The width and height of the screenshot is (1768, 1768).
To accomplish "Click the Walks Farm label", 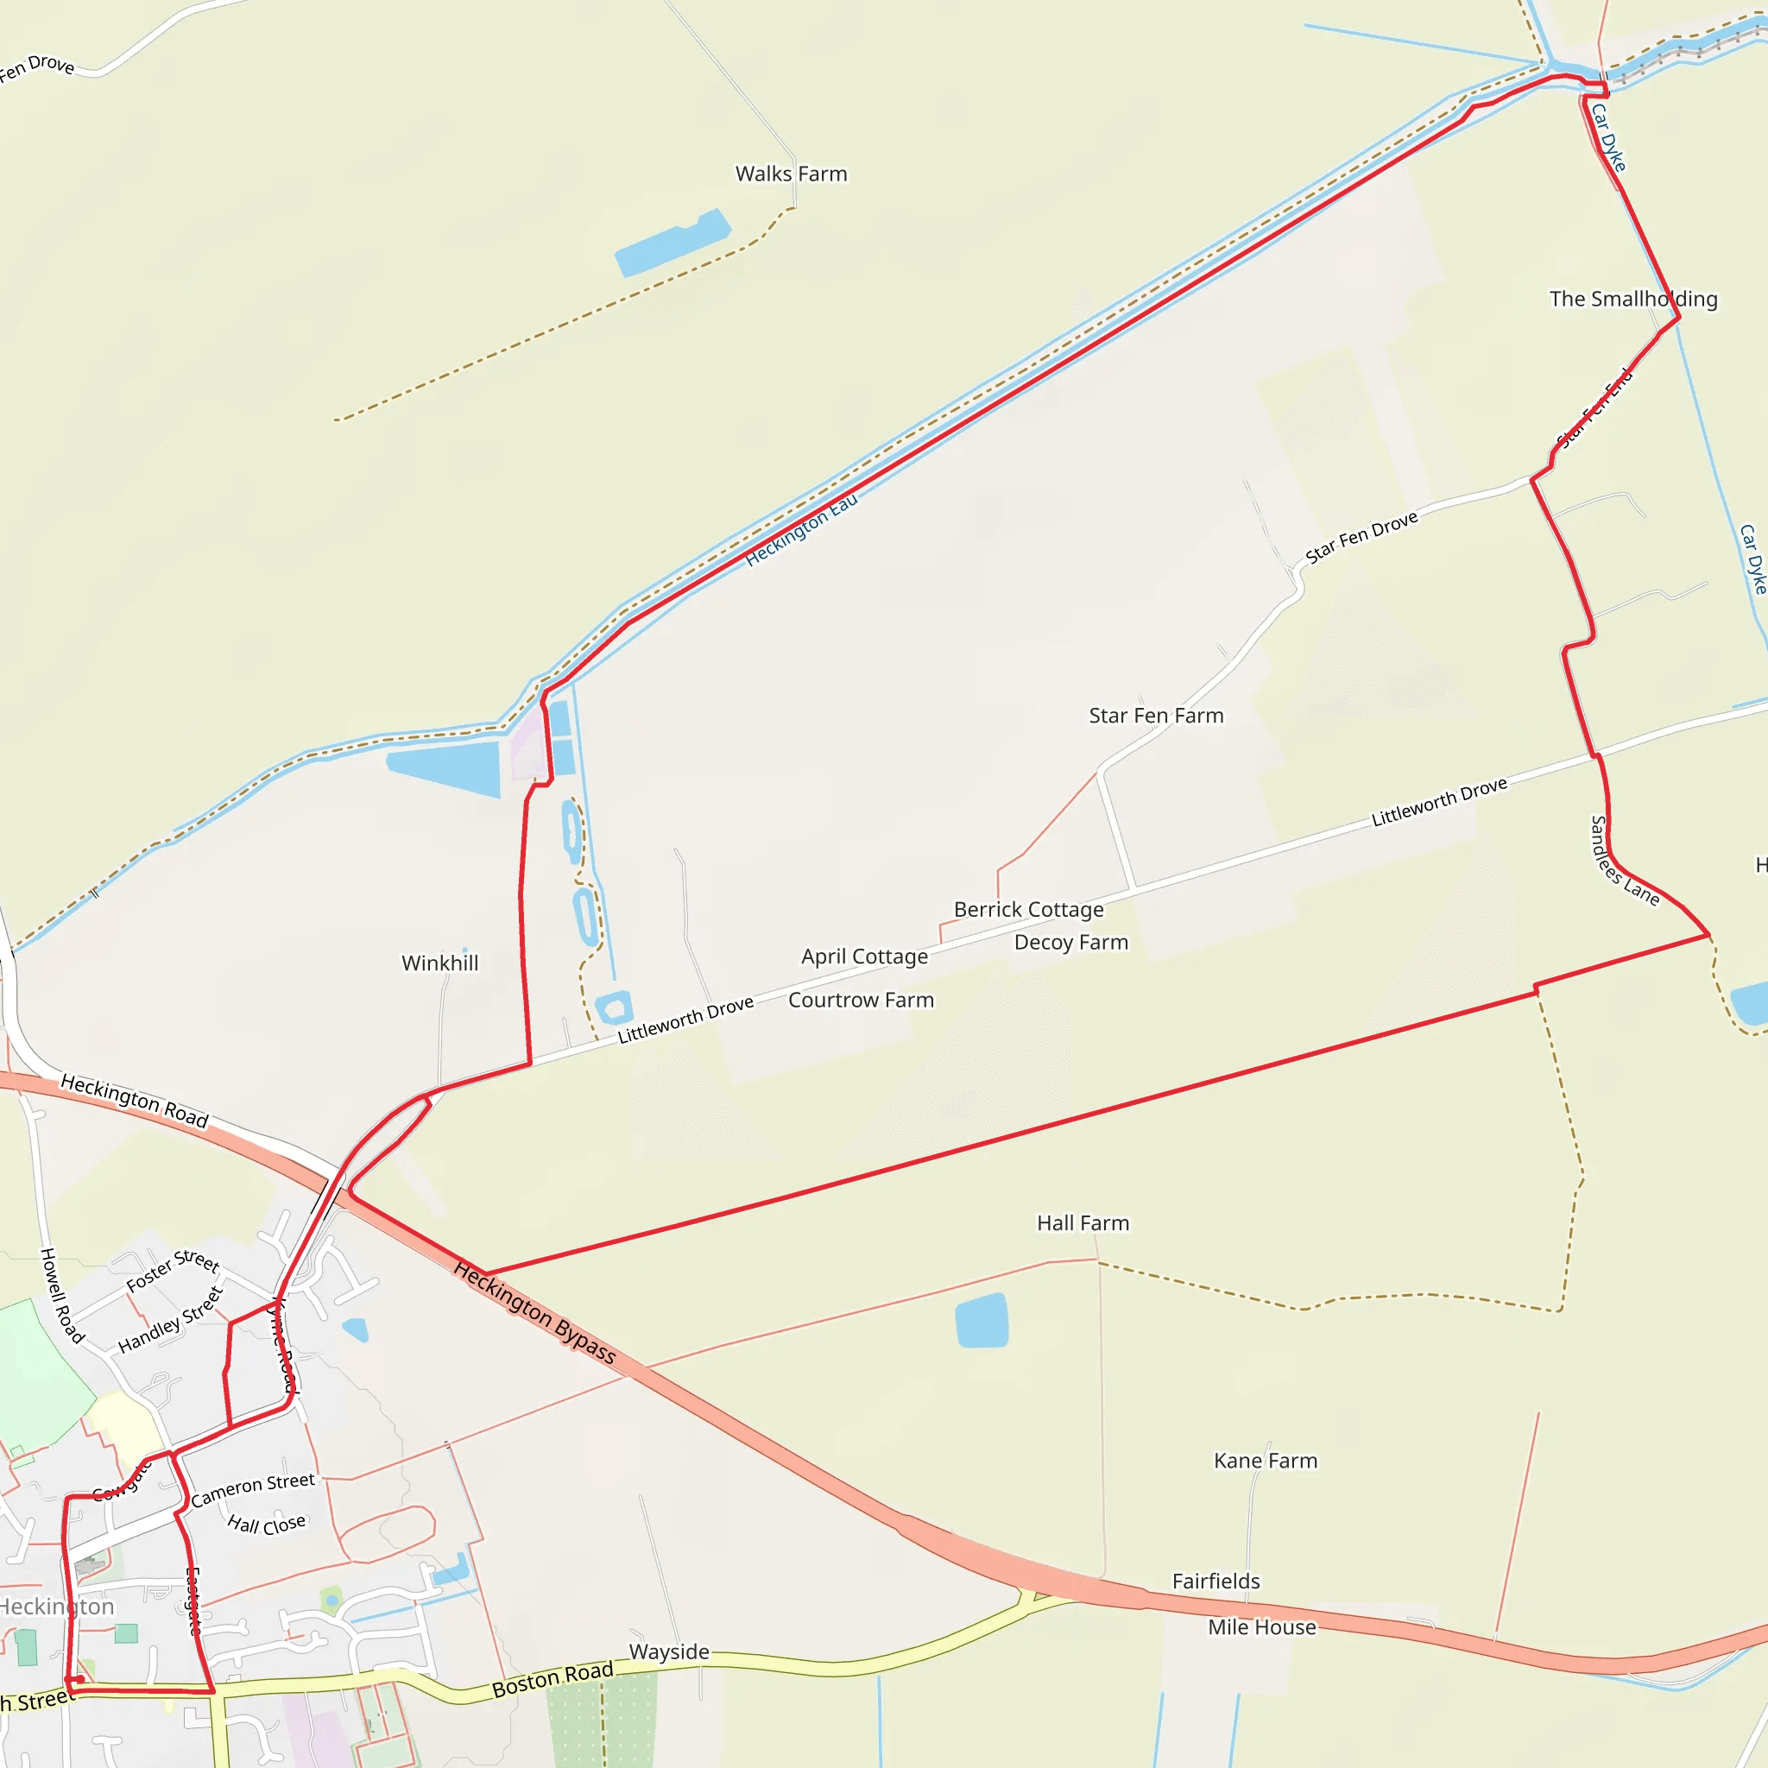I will (x=791, y=174).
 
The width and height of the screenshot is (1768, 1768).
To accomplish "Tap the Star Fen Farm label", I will (x=1156, y=716).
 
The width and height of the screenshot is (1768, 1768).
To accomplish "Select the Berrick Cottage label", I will (x=1028, y=910).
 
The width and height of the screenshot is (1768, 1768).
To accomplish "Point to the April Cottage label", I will (x=864, y=957).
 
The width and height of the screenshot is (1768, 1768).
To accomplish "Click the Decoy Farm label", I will (x=1070, y=943).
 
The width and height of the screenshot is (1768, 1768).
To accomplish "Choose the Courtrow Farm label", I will (x=861, y=1001).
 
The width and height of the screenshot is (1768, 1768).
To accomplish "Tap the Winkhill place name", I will (x=440, y=963).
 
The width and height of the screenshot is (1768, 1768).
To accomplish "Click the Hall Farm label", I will (x=1083, y=1223).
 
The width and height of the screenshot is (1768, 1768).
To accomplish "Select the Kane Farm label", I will (x=1266, y=1461).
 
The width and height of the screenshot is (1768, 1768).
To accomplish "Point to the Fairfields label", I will (x=1216, y=1582).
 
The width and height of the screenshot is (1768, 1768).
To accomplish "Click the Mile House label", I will (x=1262, y=1627).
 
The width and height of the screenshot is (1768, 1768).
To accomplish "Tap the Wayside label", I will (x=669, y=1651).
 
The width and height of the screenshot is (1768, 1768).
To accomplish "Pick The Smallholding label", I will (x=1633, y=300).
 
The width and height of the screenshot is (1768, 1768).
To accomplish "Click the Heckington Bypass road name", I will (x=534, y=1313).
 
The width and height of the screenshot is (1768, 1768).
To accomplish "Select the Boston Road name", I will (x=552, y=1679).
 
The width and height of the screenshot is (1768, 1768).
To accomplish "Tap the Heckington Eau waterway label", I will (x=802, y=531).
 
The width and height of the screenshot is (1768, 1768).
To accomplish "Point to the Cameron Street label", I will (x=253, y=1490).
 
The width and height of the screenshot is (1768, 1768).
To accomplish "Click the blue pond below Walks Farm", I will (x=672, y=243).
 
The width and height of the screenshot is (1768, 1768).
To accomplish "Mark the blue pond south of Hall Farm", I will (x=982, y=1321).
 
